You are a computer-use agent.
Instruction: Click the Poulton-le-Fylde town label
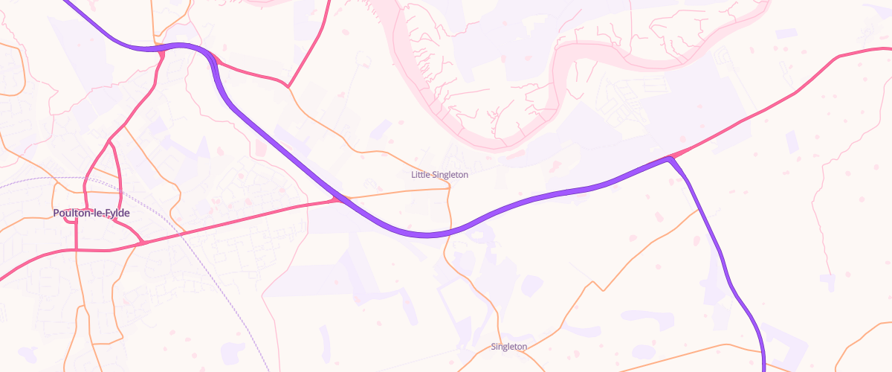(91, 213)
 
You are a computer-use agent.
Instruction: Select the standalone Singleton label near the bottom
(509, 347)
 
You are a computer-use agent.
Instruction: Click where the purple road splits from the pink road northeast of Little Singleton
(671, 158)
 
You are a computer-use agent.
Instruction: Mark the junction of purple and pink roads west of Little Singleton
(337, 199)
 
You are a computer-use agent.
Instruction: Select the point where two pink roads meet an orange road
(288, 86)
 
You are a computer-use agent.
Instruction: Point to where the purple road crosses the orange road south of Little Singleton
(449, 231)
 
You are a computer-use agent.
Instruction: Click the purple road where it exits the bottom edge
(763, 369)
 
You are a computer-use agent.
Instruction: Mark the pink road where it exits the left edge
(2, 278)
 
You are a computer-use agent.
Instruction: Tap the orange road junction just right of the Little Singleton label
(450, 187)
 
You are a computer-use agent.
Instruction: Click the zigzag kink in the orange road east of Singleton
(597, 285)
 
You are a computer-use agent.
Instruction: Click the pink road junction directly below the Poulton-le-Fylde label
(77, 250)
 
